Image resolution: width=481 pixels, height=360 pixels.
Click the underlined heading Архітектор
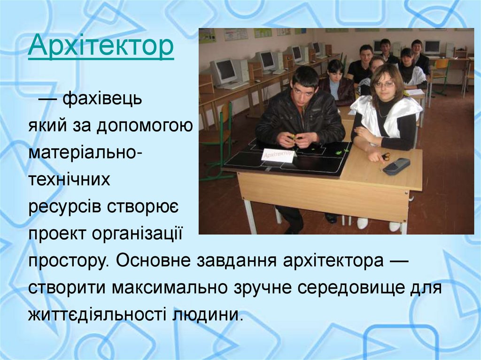coord(101,48)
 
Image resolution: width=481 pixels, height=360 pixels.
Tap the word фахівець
coord(102,100)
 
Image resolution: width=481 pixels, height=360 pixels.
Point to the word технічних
coord(69,180)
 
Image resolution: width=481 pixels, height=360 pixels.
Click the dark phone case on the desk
coord(396,166)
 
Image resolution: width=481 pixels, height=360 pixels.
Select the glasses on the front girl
coord(384,84)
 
